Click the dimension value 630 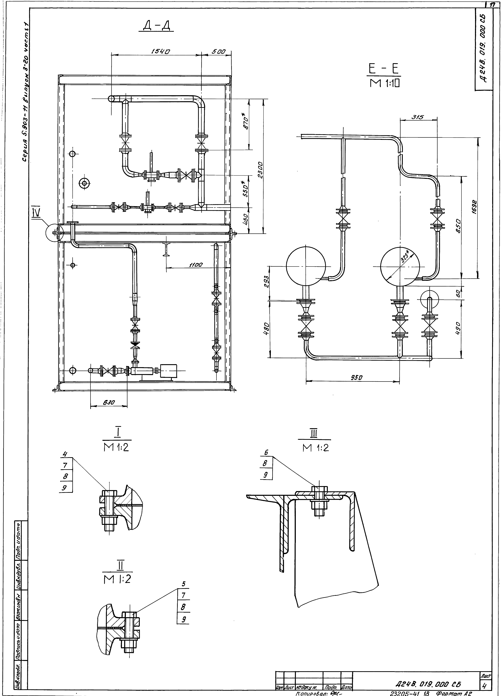click(x=109, y=402)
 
